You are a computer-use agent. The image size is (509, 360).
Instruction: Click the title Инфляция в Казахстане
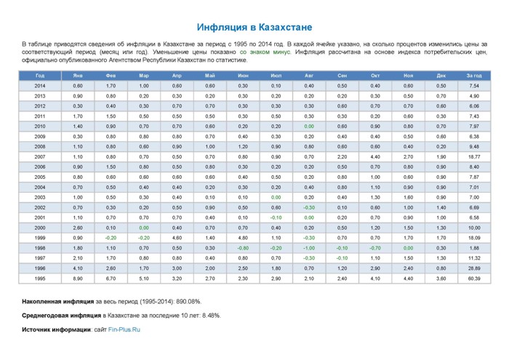(254, 27)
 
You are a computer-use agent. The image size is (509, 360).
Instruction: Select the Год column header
(40, 76)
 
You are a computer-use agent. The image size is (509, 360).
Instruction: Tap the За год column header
(474, 76)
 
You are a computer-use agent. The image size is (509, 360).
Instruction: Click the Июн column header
(243, 76)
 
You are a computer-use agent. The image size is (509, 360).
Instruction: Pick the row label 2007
(40, 157)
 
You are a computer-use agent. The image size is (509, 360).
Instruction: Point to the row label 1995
(40, 279)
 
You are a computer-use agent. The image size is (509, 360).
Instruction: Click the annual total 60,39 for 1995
(474, 279)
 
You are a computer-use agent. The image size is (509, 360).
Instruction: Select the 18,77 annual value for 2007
(474, 157)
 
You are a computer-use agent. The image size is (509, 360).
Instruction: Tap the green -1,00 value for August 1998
(309, 248)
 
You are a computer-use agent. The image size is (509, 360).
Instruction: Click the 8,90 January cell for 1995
(78, 279)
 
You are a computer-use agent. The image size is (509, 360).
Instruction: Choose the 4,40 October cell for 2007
(375, 157)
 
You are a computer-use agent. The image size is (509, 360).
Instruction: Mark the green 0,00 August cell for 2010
(309, 127)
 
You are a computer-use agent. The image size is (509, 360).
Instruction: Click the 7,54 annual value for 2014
(474, 86)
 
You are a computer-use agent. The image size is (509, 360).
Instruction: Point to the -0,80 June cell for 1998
(243, 248)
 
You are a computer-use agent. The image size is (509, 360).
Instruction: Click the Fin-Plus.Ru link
(124, 329)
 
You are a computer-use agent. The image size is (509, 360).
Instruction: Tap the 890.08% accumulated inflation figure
(188, 302)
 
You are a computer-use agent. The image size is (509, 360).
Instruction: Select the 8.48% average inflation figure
(212, 316)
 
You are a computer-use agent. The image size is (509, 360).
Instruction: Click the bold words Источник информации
(56, 329)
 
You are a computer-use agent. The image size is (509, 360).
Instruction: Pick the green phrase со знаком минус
(265, 52)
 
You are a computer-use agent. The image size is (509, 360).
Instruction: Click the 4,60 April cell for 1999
(177, 238)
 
